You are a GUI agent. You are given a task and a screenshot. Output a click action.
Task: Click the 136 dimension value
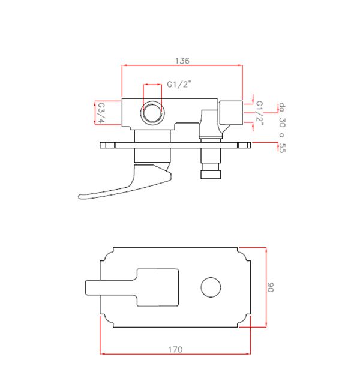coord(182,61)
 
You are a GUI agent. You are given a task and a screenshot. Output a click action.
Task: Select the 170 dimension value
coord(175,349)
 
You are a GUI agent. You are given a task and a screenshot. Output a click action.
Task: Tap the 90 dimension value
coord(271,287)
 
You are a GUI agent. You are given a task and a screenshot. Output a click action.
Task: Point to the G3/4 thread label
coord(101,113)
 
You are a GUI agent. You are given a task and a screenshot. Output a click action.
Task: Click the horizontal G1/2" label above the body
coord(179,85)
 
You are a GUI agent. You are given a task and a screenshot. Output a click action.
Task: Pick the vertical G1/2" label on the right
coord(259,113)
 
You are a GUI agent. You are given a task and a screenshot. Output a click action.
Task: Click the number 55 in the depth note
coord(282,148)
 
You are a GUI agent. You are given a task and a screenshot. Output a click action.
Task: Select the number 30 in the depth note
coord(282,122)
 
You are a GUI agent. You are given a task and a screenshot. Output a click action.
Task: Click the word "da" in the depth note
coord(282,107)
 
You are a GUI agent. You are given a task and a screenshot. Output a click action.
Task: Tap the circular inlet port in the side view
coord(152,113)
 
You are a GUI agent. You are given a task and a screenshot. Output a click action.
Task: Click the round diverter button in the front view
coord(211,287)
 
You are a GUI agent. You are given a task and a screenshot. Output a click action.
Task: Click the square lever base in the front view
coord(158,287)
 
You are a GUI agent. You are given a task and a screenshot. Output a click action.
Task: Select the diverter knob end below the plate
coord(211,174)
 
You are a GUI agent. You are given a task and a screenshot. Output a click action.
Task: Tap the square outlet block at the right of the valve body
coord(230,113)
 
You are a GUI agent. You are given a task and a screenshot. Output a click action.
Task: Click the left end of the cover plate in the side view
coord(100,145)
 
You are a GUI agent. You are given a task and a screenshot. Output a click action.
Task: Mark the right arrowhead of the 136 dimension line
coord(241,65)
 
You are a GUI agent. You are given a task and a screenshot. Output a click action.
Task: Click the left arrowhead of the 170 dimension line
coord(102,353)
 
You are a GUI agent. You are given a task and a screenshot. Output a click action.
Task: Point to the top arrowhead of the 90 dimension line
coord(266,250)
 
